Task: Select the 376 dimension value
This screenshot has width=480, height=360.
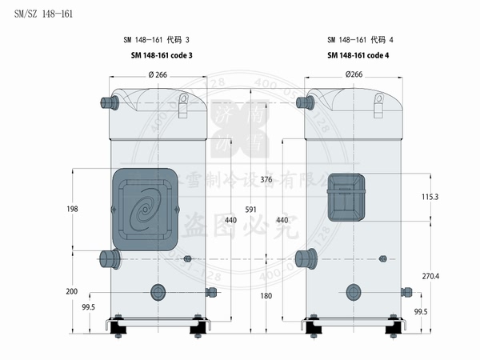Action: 266,180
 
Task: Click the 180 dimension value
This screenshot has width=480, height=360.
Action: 266,295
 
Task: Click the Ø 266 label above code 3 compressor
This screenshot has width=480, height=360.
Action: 158,74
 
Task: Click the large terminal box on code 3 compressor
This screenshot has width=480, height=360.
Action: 145,208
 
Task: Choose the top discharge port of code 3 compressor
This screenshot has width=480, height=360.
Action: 108,102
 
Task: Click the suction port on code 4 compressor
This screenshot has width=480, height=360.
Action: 305,258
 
